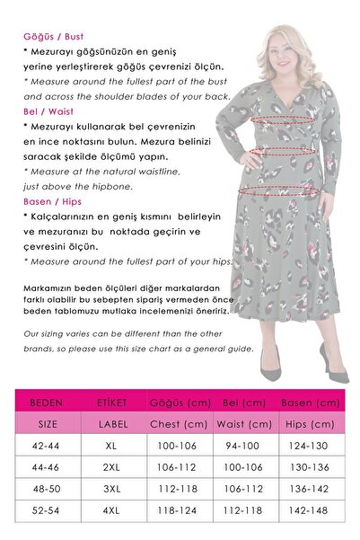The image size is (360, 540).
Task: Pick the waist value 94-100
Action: click(x=245, y=445)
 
